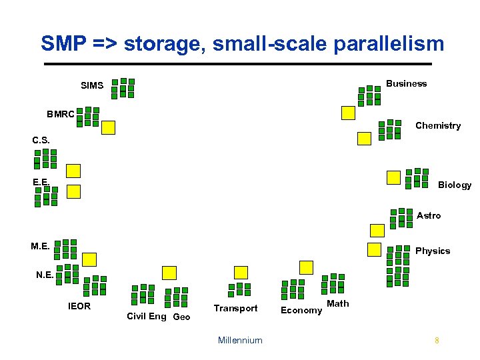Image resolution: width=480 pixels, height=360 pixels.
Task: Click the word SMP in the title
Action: (62, 44)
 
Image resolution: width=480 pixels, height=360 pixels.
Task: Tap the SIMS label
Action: (92, 86)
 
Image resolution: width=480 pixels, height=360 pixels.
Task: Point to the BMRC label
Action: (61, 114)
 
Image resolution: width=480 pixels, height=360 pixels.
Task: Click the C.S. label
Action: (41, 141)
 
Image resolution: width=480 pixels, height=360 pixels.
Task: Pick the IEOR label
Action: (79, 307)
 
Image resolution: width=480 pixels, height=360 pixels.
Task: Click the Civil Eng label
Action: (147, 316)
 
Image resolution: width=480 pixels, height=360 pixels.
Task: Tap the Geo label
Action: (181, 317)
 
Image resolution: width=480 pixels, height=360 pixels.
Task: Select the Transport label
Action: (235, 308)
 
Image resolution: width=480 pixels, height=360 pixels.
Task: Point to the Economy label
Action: (301, 310)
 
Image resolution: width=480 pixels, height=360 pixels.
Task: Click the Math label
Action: (338, 303)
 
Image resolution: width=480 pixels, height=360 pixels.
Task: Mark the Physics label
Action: (433, 251)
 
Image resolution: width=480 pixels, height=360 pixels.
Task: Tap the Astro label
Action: (429, 215)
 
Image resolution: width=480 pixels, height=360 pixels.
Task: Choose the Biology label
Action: (455, 185)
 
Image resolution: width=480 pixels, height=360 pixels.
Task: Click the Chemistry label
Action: (438, 125)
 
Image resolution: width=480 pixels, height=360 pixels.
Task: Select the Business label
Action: (406, 83)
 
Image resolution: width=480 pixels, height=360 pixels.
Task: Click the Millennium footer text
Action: (240, 340)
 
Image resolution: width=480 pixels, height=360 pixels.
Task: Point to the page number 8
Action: (437, 341)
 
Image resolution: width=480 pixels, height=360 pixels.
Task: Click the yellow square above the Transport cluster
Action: (241, 272)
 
